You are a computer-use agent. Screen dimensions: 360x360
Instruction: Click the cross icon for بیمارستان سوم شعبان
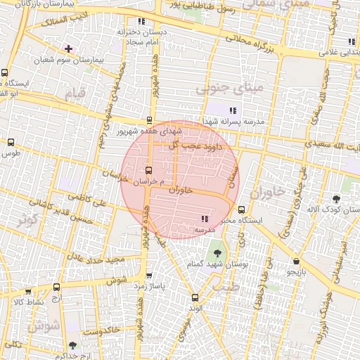tap(68, 49)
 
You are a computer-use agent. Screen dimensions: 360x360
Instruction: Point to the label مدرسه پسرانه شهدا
tap(233, 122)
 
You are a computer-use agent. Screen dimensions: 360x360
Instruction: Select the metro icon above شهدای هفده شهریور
tap(149, 120)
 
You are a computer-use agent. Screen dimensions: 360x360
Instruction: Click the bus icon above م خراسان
tap(148, 170)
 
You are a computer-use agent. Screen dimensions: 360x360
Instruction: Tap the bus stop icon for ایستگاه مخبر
tap(242, 210)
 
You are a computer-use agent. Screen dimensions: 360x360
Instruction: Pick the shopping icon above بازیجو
tap(296, 261)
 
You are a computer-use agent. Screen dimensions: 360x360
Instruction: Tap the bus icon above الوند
tap(195, 297)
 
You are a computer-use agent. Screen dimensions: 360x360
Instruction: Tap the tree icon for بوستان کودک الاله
tap(336, 199)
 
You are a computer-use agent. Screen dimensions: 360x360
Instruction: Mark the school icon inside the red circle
tap(205, 219)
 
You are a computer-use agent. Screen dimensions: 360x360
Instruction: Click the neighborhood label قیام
tap(75, 93)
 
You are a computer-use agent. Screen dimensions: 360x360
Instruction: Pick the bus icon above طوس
tap(11, 142)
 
